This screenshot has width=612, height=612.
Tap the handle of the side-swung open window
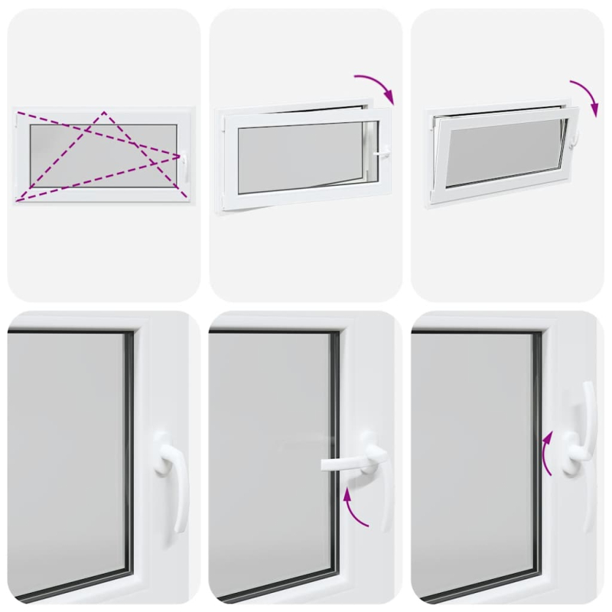381,152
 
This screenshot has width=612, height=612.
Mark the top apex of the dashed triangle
104,112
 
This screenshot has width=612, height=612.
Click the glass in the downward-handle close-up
65,459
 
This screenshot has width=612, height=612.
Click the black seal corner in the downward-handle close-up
129,334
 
